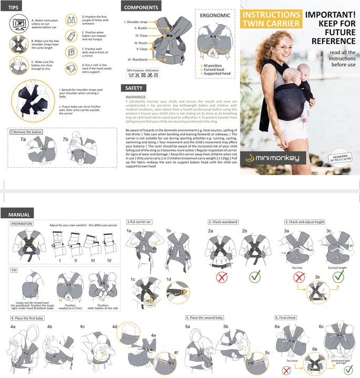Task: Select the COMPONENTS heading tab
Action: click(140, 8)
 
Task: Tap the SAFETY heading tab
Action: click(133, 88)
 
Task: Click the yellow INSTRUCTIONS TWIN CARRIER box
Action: click(272, 18)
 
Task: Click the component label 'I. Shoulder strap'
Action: click(136, 22)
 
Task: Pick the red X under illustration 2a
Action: click(221, 275)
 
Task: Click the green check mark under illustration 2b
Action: click(255, 275)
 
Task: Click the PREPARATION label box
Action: click(22, 224)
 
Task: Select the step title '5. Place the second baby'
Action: click(205, 318)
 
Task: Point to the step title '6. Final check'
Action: click(286, 318)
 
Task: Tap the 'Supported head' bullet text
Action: click(217, 74)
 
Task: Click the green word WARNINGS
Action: click(136, 97)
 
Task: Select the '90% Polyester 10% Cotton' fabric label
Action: click(143, 70)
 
